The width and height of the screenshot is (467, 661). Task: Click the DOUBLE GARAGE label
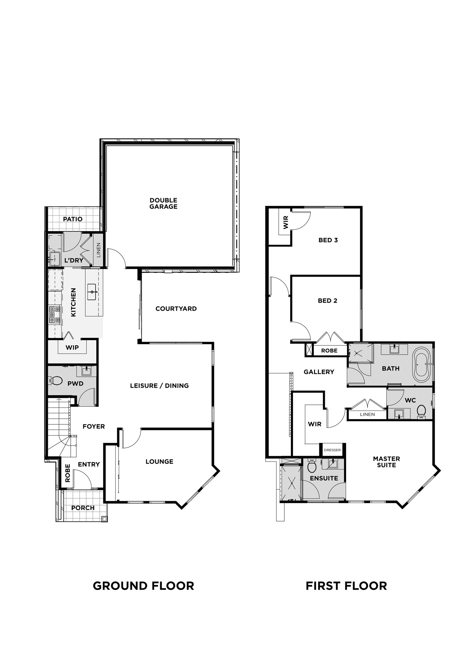click(163, 203)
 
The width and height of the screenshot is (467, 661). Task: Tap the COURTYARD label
click(176, 309)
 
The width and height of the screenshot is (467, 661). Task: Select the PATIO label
click(73, 219)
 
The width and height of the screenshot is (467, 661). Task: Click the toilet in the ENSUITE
click(311, 466)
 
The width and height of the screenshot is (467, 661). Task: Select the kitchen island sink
click(91, 292)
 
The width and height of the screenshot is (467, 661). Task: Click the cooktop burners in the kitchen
click(55, 315)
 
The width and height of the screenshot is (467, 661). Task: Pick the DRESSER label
click(332, 450)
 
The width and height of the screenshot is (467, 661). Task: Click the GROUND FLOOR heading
click(143, 586)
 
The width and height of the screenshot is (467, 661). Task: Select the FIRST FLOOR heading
click(346, 586)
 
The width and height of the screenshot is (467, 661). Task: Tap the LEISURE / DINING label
click(159, 386)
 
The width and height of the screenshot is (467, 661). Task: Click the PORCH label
click(83, 508)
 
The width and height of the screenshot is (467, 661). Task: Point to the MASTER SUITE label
click(386, 462)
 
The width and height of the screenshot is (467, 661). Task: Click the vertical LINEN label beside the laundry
click(98, 250)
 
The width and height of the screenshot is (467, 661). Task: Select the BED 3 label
click(328, 240)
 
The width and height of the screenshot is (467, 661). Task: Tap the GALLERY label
click(319, 372)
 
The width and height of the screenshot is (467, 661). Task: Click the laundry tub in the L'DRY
click(54, 258)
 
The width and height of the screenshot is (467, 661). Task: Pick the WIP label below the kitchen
click(72, 347)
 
